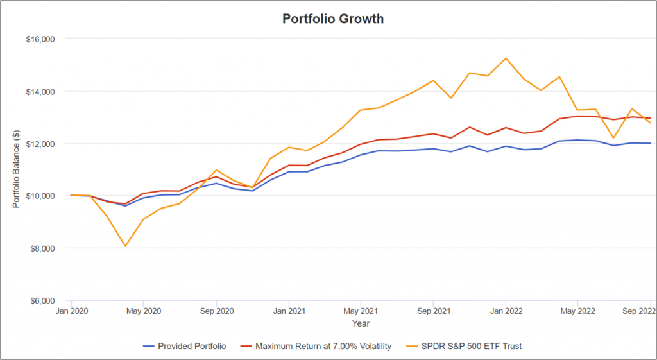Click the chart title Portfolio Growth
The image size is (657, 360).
coord(333,19)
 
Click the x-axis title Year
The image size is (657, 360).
coord(361,324)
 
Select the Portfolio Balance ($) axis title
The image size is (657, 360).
coord(17,169)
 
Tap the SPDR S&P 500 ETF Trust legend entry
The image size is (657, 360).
coord(466,347)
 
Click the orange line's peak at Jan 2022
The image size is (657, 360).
coord(506,58)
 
